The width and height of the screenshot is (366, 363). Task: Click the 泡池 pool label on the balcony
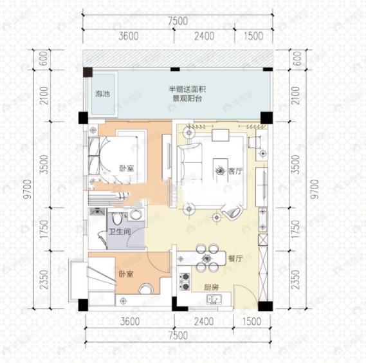tap(102, 94)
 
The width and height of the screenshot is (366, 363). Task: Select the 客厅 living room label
tap(235, 171)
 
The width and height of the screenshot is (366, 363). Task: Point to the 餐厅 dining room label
tap(234, 259)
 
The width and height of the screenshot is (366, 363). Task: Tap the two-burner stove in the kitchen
tap(184, 281)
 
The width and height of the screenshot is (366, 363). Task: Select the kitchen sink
tap(214, 299)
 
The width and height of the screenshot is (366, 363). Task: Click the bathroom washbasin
tap(136, 214)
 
